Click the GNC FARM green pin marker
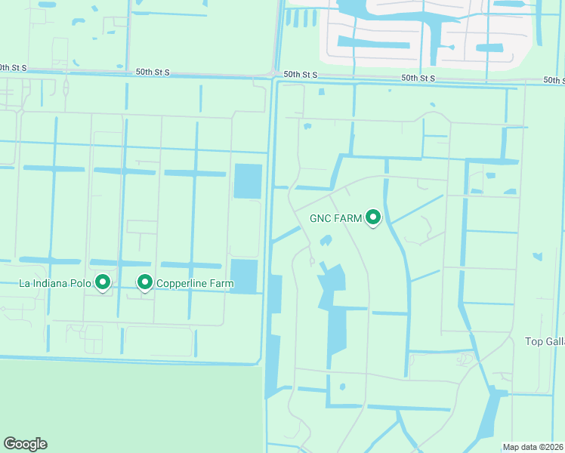[372, 217]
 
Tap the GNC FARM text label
[336, 219]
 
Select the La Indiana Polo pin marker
[103, 282]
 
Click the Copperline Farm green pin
[144, 282]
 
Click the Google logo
[25, 444]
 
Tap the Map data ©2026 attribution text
[533, 447]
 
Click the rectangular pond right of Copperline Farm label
[244, 276]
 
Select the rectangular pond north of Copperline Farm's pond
[248, 181]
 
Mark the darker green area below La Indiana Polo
[128, 408]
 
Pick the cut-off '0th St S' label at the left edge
[14, 68]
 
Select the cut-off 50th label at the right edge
[553, 80]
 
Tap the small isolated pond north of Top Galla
[537, 257]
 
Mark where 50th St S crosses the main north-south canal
[275, 75]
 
